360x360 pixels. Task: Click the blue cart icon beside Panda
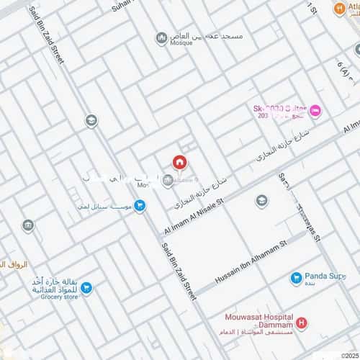295,278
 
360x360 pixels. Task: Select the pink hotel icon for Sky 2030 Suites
317,111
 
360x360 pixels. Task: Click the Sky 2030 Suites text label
280,109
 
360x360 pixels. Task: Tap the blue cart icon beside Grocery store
87,289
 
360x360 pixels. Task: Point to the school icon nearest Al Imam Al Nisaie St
261,200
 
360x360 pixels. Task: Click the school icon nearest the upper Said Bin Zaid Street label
91,120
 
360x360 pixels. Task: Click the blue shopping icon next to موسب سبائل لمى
140,206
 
